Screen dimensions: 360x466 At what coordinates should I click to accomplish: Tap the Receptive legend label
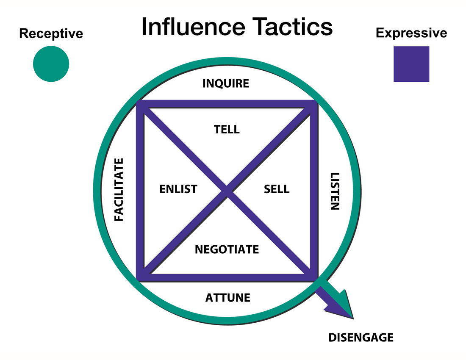tap(51, 33)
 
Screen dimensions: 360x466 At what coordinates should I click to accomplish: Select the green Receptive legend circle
tap(51, 64)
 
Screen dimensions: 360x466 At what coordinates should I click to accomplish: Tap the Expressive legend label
tap(411, 33)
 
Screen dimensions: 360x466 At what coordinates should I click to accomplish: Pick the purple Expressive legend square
tap(411, 64)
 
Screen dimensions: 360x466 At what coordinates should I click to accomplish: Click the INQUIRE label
tap(226, 83)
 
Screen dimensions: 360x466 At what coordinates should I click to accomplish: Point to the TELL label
tap(227, 129)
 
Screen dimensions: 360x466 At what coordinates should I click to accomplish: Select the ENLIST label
tap(178, 189)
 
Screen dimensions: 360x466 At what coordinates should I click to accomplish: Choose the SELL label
tap(277, 189)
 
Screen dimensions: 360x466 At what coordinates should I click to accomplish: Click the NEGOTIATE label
tap(227, 249)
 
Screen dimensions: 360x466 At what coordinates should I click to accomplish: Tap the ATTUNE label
tap(228, 298)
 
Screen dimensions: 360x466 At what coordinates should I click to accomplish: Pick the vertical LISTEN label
tap(335, 191)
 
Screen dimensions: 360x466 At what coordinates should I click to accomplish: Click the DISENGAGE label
tap(361, 338)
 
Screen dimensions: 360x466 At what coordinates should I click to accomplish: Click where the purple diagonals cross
tap(227, 191)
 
